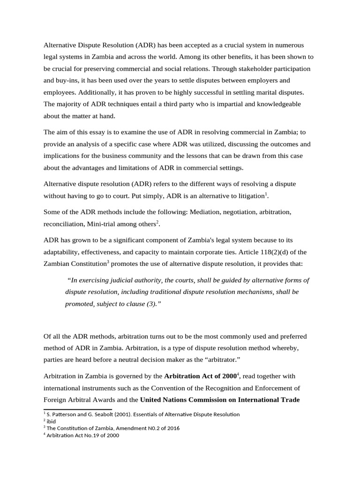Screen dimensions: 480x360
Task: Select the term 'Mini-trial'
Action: (103, 224)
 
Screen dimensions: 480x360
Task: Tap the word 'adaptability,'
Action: (65, 252)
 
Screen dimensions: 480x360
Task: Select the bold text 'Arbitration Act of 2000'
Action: (200, 376)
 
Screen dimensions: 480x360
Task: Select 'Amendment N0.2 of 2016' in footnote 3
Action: (146, 428)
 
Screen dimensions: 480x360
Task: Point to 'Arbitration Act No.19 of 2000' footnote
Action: (82, 435)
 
